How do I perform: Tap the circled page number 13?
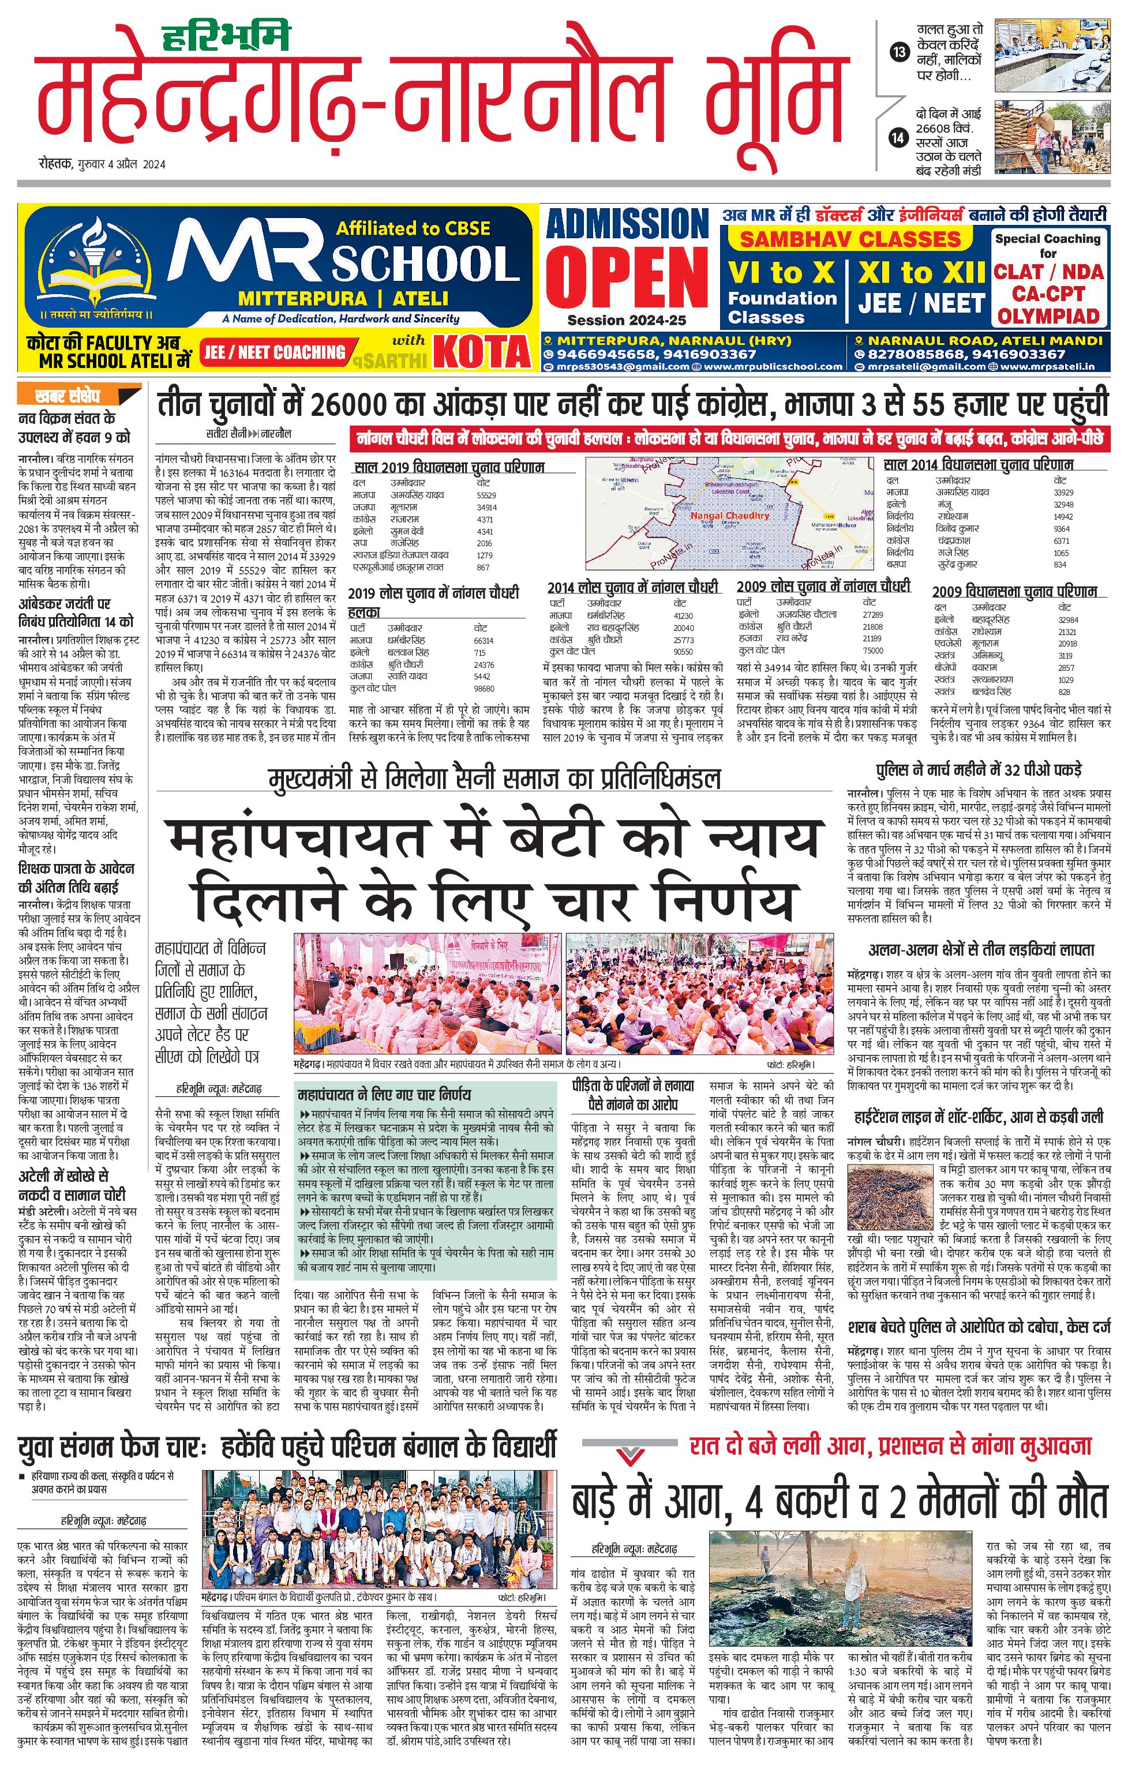900,52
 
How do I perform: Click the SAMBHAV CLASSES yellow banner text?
850,239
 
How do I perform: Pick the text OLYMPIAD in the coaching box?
1048,315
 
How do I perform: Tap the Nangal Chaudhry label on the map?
729,515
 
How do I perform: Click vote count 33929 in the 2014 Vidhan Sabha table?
1063,493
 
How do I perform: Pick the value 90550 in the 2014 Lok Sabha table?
683,651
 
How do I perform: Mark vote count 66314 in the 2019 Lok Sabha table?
484,640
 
